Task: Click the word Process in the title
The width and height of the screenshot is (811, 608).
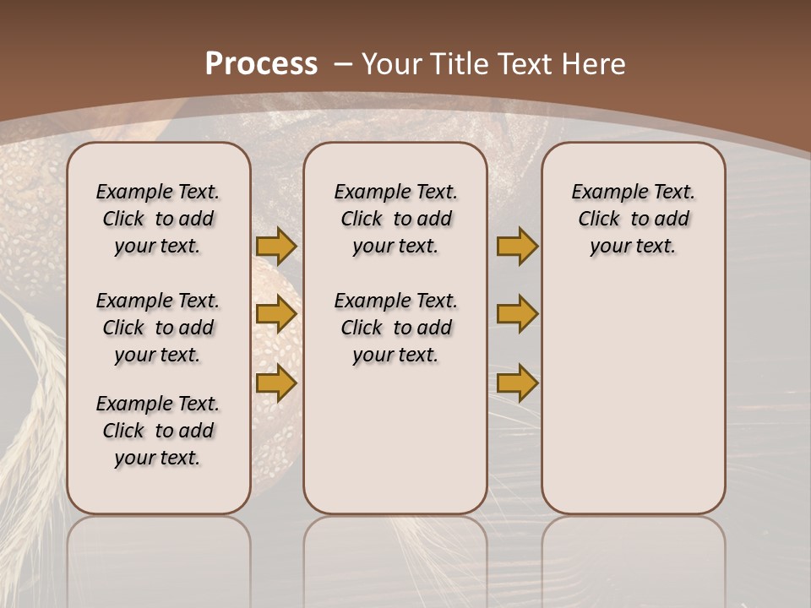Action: (261, 64)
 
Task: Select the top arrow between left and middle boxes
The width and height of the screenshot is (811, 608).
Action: (276, 246)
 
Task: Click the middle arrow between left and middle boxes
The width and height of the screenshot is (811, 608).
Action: (276, 314)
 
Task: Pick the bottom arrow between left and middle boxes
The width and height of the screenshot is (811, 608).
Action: (276, 383)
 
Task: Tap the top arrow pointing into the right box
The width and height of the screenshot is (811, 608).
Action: (517, 246)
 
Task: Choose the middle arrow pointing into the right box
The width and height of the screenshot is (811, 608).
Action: (517, 314)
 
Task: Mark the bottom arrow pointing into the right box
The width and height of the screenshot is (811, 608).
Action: (517, 383)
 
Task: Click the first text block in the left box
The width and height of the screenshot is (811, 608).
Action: (158, 219)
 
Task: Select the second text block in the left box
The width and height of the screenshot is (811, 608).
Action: (158, 328)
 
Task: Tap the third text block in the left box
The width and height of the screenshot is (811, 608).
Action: (158, 431)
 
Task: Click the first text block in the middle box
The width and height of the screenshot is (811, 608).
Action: (395, 219)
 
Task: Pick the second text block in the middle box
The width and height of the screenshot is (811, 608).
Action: (395, 328)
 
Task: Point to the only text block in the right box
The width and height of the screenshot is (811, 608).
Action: (634, 219)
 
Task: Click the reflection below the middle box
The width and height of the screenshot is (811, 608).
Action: (395, 549)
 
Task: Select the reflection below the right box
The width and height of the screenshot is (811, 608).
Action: (634, 549)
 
